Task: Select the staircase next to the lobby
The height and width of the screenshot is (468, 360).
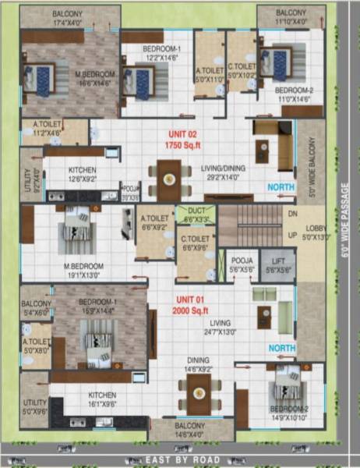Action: pyautogui.click(x=248, y=226)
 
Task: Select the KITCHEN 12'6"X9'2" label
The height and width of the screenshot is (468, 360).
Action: pyautogui.click(x=83, y=173)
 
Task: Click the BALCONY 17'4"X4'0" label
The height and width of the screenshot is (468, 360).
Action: pyautogui.click(x=71, y=19)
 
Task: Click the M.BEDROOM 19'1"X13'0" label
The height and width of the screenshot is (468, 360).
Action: pyautogui.click(x=84, y=270)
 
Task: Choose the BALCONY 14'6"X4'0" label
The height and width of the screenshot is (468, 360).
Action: pyautogui.click(x=189, y=428)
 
